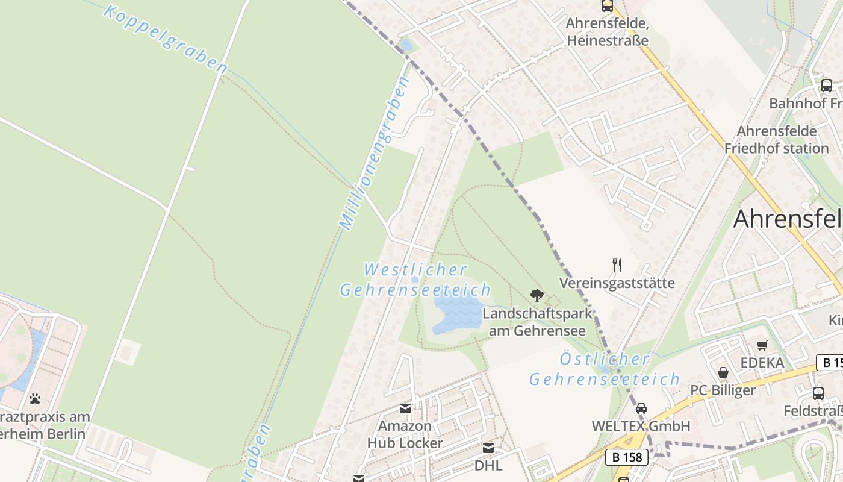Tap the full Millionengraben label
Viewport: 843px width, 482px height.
point(374,154)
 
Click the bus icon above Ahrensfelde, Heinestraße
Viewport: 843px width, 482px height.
point(607,6)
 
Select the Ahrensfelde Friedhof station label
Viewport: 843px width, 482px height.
point(776,140)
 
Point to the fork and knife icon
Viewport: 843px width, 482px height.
point(617,264)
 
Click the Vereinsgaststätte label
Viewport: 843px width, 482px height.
point(617,283)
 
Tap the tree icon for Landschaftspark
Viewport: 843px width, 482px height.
point(537,295)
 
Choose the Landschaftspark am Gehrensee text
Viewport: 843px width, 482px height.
point(537,322)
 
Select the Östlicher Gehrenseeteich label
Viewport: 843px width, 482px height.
point(604,369)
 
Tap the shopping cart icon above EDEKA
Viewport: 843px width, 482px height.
point(762,345)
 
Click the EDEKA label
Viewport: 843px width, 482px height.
point(762,363)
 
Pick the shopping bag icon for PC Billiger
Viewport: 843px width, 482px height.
point(723,372)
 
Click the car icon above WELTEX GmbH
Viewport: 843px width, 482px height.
point(641,408)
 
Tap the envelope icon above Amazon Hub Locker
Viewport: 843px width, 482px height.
point(405,408)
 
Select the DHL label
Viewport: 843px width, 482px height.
point(488,465)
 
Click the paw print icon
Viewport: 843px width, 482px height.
point(35,398)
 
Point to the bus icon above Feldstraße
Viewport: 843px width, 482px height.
point(818,393)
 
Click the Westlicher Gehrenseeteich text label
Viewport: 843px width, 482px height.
point(415,280)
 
